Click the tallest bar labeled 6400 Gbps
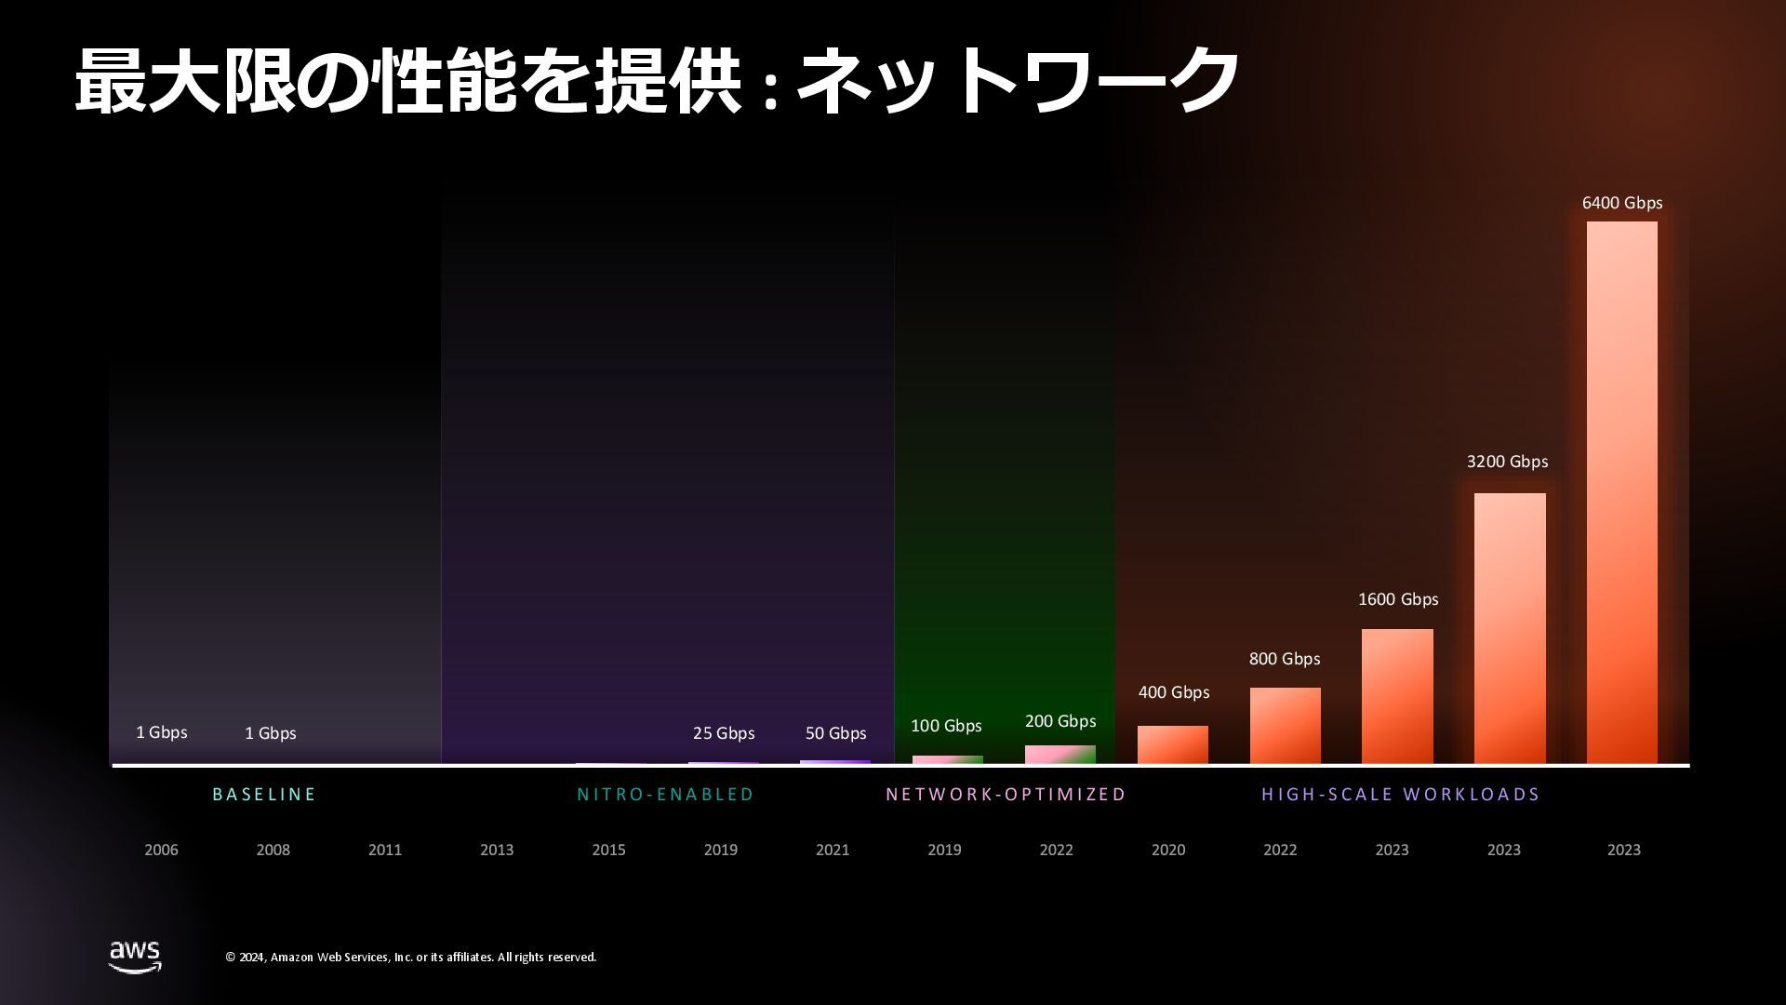coord(1621,492)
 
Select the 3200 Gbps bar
coord(1510,628)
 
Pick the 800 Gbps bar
coord(1285,726)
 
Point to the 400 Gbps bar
coord(1172,744)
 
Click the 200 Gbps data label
coord(1060,721)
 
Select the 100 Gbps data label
coord(946,726)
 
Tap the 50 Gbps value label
coord(835,733)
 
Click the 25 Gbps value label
coord(724,733)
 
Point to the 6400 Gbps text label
coord(1622,203)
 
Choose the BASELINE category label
coord(264,794)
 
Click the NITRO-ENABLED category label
coord(665,794)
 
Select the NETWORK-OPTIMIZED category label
coord(1006,794)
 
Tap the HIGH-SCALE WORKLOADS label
coord(1400,794)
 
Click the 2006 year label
coord(161,850)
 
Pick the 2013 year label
coord(497,850)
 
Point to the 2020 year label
coord(1168,850)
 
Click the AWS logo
coord(135,956)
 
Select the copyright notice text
coord(410,957)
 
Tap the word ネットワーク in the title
coord(1018,81)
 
